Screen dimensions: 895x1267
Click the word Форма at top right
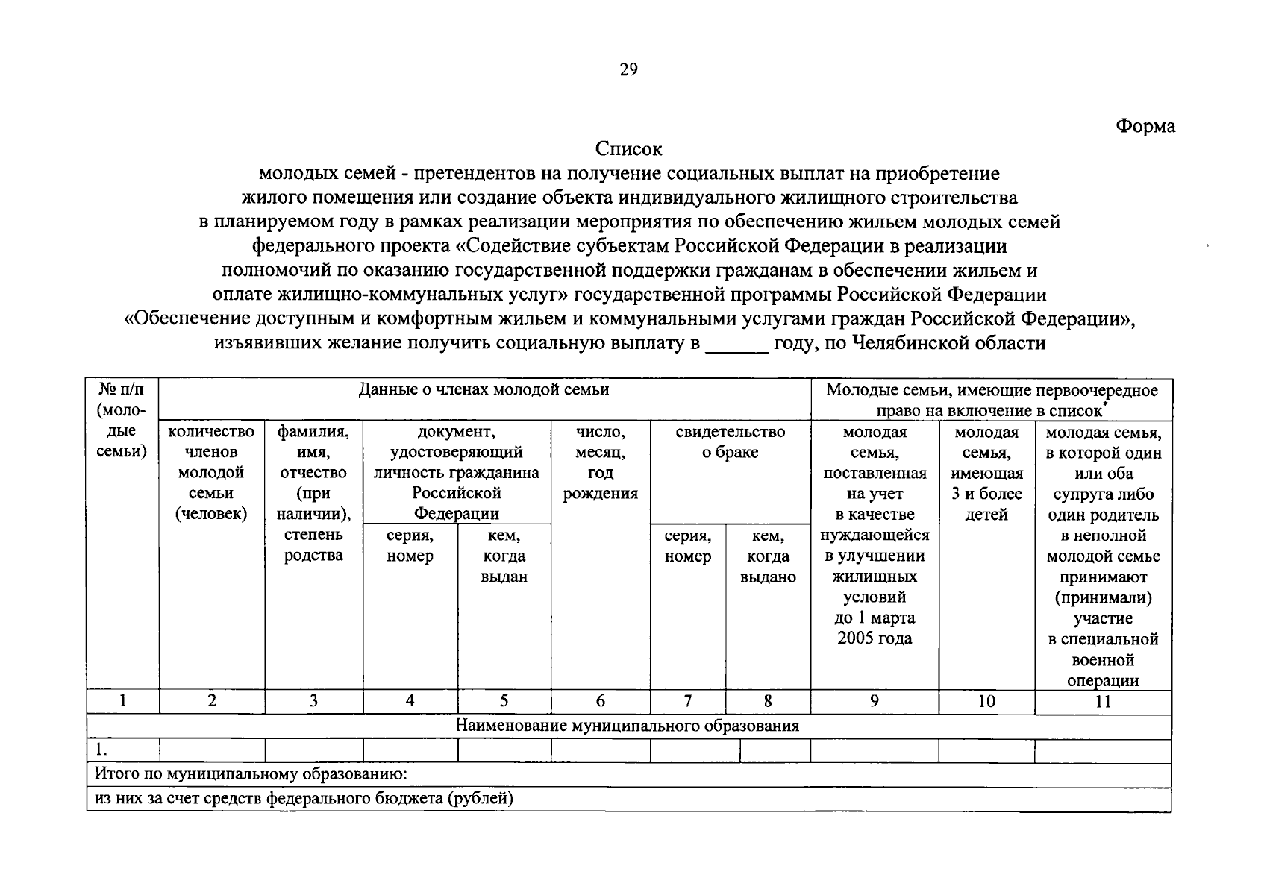tap(1145, 126)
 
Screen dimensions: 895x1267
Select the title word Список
tap(629, 149)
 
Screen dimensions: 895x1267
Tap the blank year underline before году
tap(736, 345)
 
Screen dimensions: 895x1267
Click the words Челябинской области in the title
tap(948, 343)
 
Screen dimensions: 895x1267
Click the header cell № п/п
tap(122, 389)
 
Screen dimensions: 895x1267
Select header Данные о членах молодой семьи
tap(484, 389)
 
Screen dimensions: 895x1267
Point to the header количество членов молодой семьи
tap(211, 473)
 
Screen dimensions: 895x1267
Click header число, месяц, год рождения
tap(600, 462)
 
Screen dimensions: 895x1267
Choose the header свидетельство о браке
tap(730, 442)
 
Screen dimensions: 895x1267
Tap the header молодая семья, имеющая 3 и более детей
tap(986, 473)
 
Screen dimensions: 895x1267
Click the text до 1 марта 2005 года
tap(875, 628)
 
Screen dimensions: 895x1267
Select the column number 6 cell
tap(600, 701)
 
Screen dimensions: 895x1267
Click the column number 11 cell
tap(1102, 701)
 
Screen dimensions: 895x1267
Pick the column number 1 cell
tap(122, 701)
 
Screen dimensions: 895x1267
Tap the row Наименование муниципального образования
tap(628, 726)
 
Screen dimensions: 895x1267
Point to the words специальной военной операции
tap(1102, 660)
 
